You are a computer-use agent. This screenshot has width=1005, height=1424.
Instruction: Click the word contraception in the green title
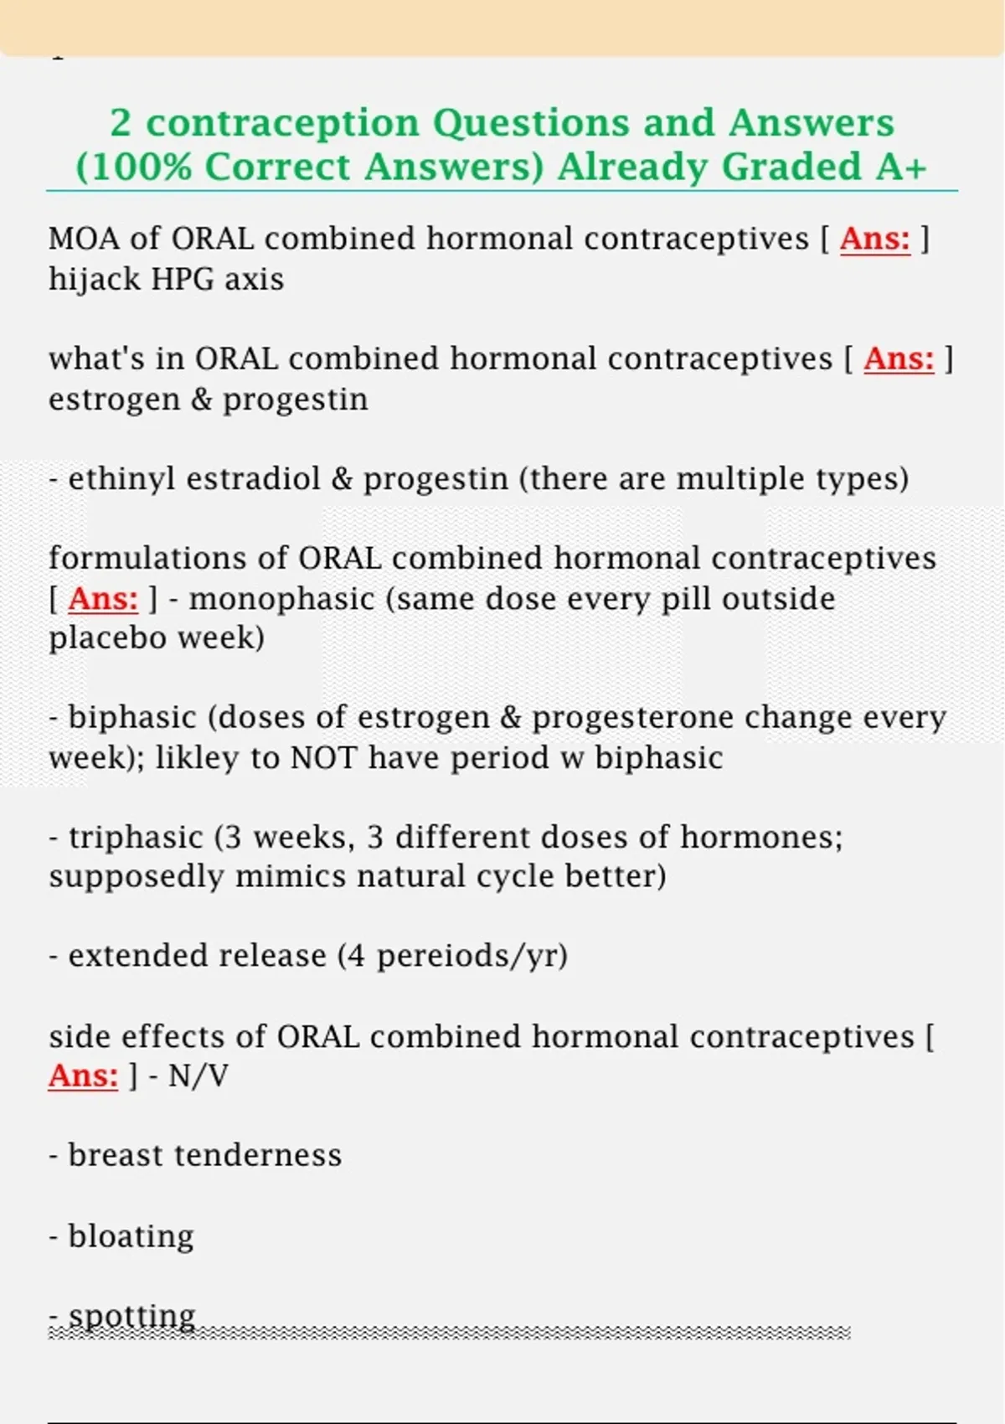[x=282, y=123]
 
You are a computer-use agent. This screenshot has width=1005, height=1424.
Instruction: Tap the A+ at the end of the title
[x=902, y=167]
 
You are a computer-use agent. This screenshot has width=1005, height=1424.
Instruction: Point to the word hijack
[x=93, y=279]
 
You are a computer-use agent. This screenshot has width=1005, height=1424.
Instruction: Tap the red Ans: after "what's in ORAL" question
[x=899, y=359]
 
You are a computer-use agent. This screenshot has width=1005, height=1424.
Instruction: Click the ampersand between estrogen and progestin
[x=201, y=400]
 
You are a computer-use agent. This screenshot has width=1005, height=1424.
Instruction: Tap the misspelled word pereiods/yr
[x=472, y=956]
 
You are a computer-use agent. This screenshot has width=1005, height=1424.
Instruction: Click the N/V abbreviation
[x=198, y=1076]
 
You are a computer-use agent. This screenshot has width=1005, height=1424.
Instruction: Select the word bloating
[x=131, y=1236]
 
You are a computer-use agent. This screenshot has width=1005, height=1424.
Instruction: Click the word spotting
[x=131, y=1316]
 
